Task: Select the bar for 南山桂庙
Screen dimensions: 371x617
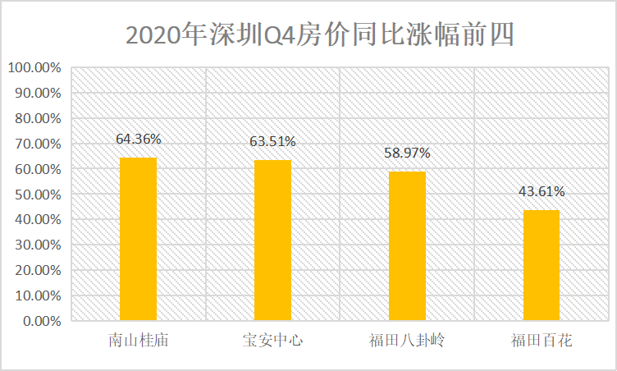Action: (138, 238)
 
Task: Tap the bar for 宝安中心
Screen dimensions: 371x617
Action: (272, 240)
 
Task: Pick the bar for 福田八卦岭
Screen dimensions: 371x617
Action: (407, 245)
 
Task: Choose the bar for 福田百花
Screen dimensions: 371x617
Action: (542, 265)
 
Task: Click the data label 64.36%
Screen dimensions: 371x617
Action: (138, 139)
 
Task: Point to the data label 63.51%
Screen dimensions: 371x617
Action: (272, 141)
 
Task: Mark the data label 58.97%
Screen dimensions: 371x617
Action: (407, 153)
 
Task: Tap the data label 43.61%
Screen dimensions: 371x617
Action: (542, 191)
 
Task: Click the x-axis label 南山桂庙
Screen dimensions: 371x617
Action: (138, 340)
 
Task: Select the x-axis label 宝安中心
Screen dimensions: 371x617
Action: (272, 340)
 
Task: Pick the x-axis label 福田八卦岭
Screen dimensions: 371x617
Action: (407, 340)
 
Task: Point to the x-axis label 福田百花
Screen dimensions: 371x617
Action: (542, 340)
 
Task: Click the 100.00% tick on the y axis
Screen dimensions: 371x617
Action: (34, 67)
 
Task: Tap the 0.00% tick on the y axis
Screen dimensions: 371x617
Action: (39, 321)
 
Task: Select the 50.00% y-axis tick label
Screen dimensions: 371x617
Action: (37, 195)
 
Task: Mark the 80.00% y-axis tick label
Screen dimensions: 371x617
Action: (37, 118)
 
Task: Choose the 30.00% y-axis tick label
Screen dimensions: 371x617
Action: (37, 245)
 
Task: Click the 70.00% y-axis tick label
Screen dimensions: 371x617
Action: (37, 144)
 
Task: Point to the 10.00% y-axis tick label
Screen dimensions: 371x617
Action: (37, 295)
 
